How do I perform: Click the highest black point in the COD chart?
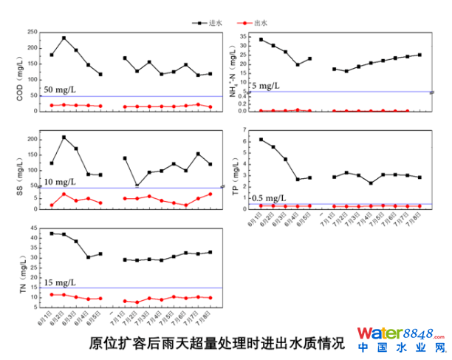[x=64, y=38]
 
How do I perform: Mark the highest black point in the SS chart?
[x=64, y=137]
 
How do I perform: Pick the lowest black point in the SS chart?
[x=137, y=186]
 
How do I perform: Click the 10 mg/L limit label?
[x=58, y=182]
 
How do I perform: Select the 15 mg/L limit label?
[x=58, y=282]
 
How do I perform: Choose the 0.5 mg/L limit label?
[x=267, y=198]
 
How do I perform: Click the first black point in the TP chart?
[x=261, y=140]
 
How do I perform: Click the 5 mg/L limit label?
[x=265, y=86]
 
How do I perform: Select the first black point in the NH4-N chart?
[x=261, y=40]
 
